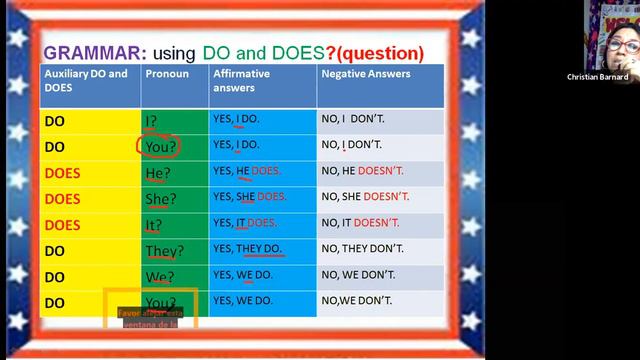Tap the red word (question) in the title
coord(381,53)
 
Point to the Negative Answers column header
coord(366,74)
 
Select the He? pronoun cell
coord(156,172)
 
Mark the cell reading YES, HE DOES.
coord(247,171)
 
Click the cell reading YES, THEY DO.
coord(247,248)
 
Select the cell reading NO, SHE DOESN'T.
coord(365,197)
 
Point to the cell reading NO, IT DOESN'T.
coord(360,223)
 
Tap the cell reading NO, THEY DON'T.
coord(362,248)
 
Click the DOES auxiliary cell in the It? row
coord(62,224)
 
